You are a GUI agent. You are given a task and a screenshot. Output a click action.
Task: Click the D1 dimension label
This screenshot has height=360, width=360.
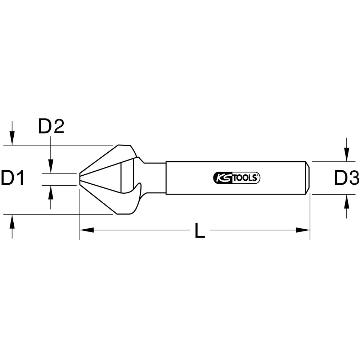tap(13, 178)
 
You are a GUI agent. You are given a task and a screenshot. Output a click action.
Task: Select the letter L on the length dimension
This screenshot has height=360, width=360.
tap(199, 230)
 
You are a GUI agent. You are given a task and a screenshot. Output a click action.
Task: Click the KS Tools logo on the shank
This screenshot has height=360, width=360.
tap(237, 178)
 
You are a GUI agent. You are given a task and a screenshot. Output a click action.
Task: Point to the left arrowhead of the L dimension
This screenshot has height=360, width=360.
tap(87, 230)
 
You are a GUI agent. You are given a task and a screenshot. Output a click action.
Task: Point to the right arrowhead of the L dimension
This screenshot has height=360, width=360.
tap(303, 230)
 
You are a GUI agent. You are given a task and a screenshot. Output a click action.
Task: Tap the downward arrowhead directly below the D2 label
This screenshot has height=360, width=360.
tap(51, 166)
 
